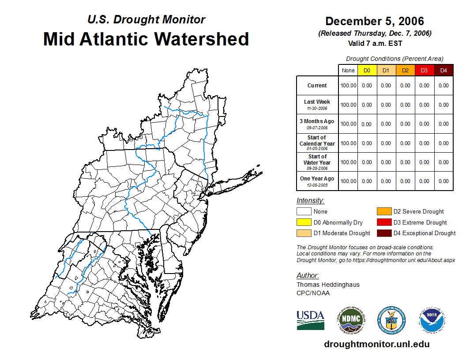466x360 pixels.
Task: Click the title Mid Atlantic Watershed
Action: (146, 39)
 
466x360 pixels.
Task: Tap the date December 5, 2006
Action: (374, 21)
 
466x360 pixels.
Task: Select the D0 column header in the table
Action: (367, 71)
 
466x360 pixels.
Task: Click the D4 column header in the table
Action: (443, 71)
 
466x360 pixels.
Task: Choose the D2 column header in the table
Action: (405, 71)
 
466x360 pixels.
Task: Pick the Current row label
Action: (317, 86)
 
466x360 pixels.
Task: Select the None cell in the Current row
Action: (348, 86)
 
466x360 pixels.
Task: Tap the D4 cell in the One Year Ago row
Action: (443, 181)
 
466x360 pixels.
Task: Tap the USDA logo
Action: (310, 320)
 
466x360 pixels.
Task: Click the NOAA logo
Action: (432, 320)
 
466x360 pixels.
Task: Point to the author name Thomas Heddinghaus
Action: (328, 285)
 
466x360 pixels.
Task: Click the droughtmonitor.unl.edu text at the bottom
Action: (376, 344)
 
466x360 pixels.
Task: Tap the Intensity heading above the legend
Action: (310, 201)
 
